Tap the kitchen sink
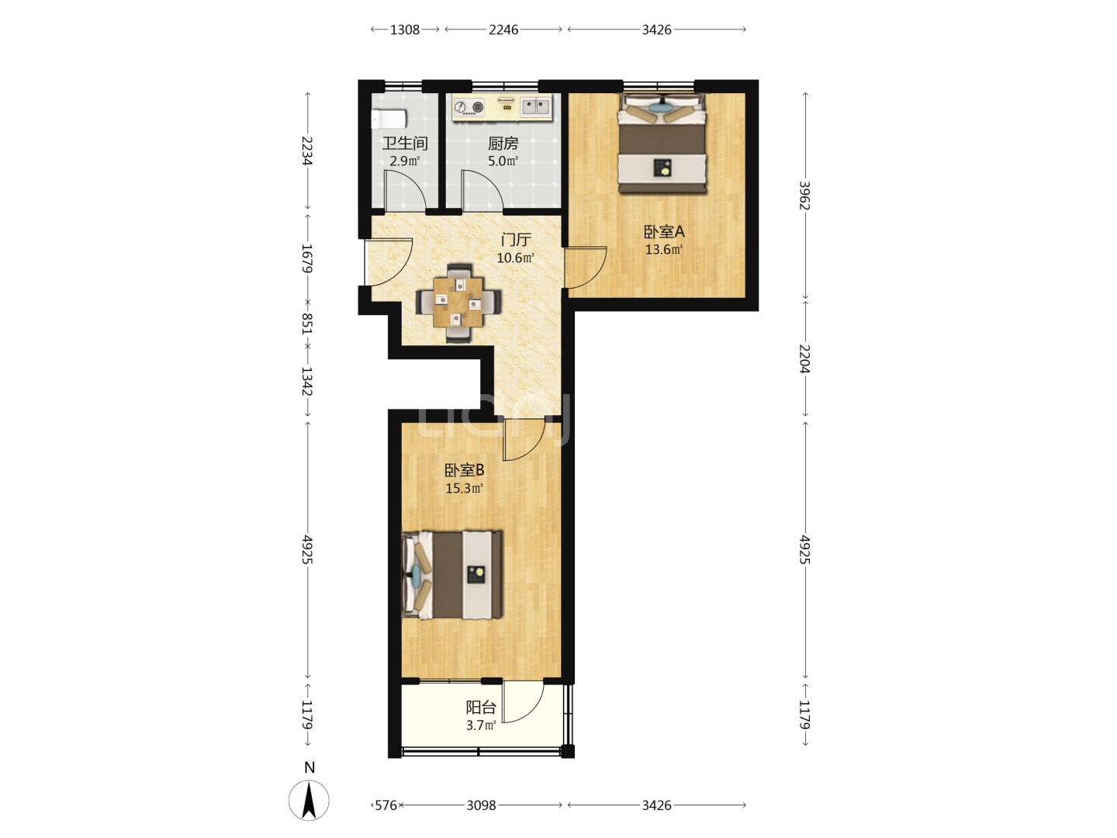tap(536, 107)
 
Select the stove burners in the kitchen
tap(469, 107)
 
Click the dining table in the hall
tap(458, 303)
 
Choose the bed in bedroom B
tap(452, 575)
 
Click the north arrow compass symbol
tap(309, 800)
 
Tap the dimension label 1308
tap(405, 29)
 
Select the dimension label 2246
tap(503, 29)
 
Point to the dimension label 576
tap(386, 805)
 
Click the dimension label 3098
tap(481, 805)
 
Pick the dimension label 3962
tap(804, 196)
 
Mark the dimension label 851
tap(307, 323)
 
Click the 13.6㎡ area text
tap(663, 250)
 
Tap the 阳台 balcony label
tap(480, 707)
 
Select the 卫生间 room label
tap(405, 144)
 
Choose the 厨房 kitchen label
tap(503, 144)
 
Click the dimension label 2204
tap(804, 358)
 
